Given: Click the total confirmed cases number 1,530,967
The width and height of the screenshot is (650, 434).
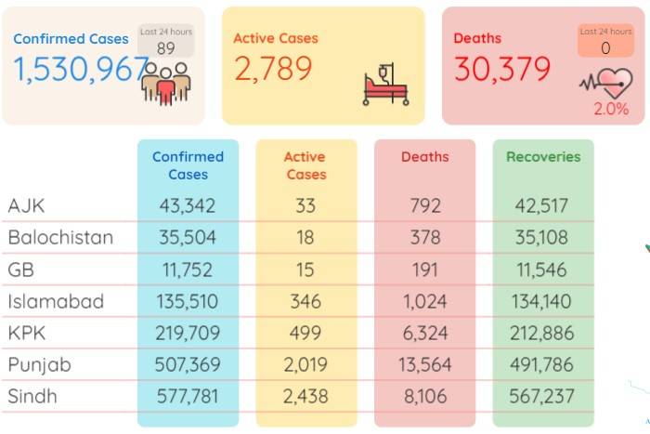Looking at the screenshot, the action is click(82, 70).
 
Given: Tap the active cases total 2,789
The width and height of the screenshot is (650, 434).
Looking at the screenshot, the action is click(273, 69).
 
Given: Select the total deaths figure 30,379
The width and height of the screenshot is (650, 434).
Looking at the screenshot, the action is click(502, 69).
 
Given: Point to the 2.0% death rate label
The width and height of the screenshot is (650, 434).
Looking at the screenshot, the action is click(611, 109).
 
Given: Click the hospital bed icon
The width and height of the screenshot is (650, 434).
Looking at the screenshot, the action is click(386, 85).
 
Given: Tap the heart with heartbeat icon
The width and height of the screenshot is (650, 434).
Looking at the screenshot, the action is click(606, 84).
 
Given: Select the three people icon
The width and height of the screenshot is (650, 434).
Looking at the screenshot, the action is click(166, 84).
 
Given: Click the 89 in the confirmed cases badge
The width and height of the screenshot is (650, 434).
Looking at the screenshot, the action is click(166, 48).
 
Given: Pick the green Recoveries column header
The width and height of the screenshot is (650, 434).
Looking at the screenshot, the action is click(543, 157).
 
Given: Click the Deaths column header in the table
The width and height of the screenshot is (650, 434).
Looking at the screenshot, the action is click(425, 157).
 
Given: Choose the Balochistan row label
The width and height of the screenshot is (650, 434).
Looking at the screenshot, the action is click(60, 237).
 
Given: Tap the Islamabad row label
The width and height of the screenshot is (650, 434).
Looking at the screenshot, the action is click(56, 301).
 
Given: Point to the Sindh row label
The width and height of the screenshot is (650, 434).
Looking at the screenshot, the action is click(32, 396).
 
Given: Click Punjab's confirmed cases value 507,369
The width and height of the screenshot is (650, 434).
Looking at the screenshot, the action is click(188, 364).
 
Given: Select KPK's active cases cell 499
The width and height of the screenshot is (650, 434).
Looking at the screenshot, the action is click(305, 333).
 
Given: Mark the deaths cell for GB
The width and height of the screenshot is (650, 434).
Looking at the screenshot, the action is click(425, 270).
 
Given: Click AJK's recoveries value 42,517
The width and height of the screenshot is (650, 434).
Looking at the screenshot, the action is click(541, 205).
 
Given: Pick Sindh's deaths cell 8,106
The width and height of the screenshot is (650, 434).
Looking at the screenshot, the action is click(425, 396).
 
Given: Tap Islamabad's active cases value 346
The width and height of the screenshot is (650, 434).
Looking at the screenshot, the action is click(305, 301).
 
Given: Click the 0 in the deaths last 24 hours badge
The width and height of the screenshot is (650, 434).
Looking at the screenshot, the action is click(605, 48).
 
